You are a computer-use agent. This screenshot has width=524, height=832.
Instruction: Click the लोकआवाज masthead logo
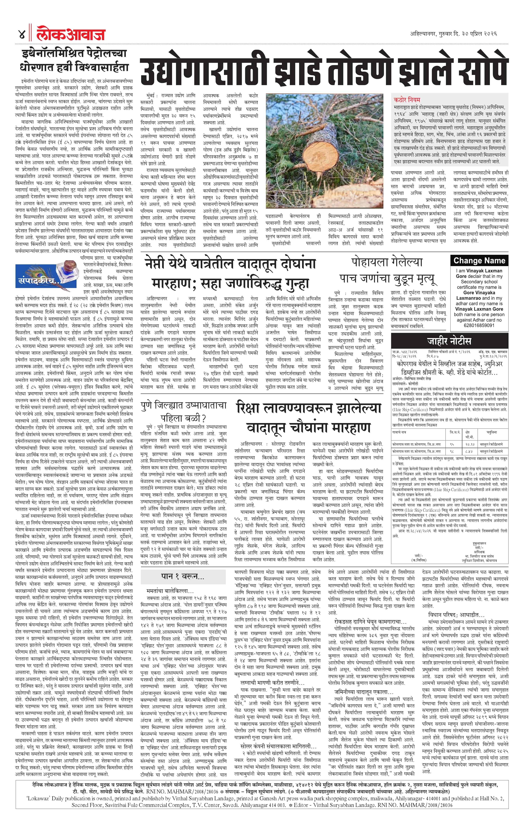pos(71,35)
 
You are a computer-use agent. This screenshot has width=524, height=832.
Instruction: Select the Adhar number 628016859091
pos(479,325)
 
